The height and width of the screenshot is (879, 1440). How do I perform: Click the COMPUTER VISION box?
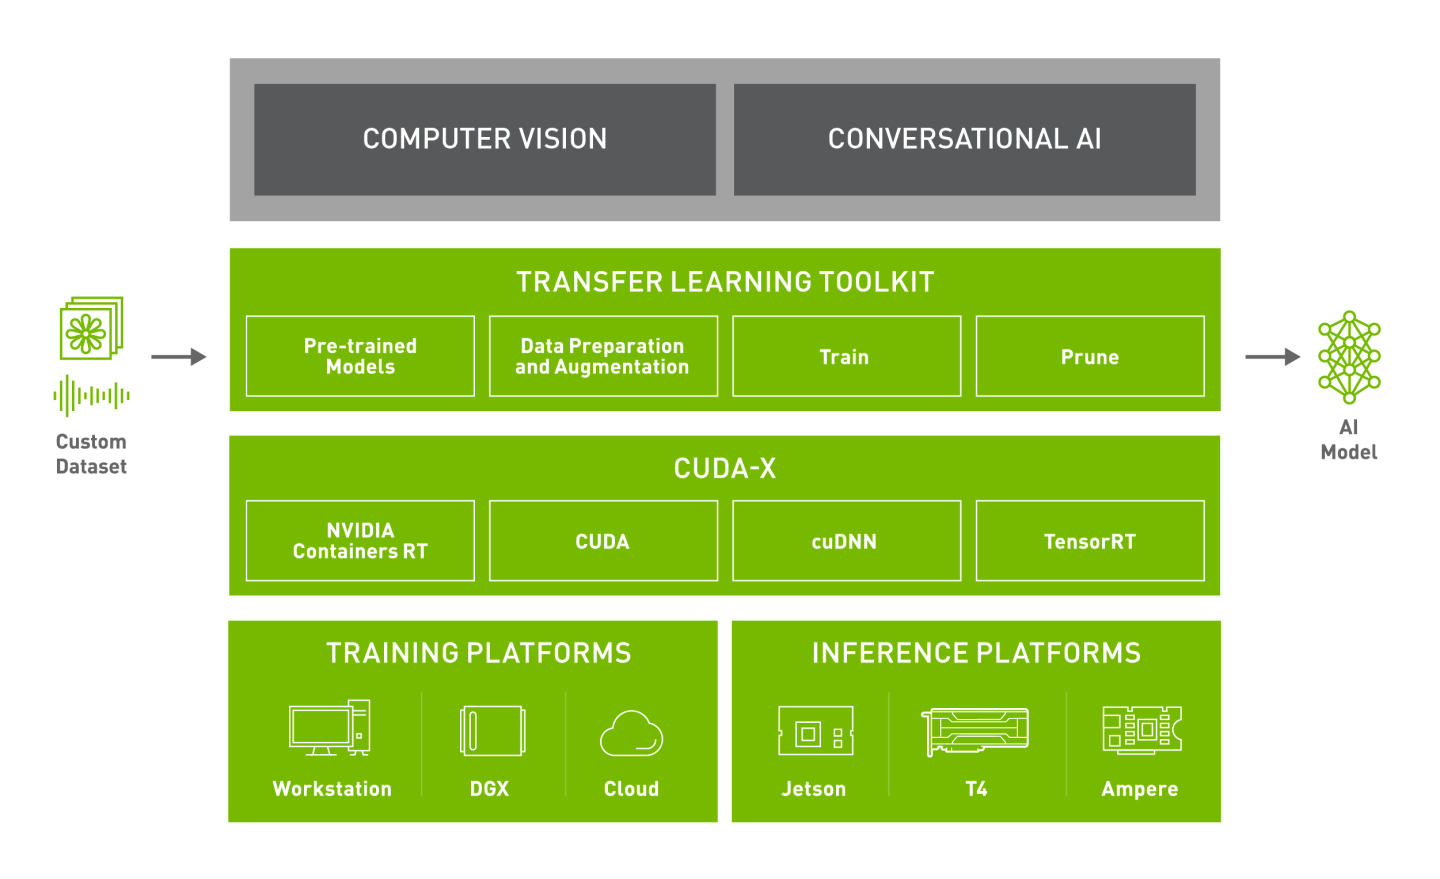tap(485, 139)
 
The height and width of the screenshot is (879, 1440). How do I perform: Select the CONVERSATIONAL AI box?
tap(964, 139)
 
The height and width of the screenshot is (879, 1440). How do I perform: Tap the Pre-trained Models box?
tap(360, 356)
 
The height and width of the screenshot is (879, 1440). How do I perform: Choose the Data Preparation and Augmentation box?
tap(603, 356)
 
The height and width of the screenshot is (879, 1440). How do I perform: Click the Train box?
tap(846, 356)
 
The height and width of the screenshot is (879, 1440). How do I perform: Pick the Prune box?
tap(1090, 356)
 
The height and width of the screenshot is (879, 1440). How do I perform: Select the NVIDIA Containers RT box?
tap(360, 541)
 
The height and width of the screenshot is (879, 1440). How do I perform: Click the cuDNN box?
tap(846, 541)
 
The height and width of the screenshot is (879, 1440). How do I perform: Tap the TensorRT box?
tap(1090, 541)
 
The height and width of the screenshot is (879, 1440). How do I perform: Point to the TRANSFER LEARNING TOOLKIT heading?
tap(725, 282)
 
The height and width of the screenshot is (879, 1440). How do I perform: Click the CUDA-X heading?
tap(725, 468)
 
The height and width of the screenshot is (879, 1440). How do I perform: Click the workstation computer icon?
tap(330, 728)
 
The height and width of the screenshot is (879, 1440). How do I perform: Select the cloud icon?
tap(631, 734)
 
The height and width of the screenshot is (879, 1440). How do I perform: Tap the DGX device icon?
tap(492, 731)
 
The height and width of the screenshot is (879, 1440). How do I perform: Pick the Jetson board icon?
tap(816, 731)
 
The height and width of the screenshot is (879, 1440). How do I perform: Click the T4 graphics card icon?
tap(975, 731)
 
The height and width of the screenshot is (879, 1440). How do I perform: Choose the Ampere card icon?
tap(1141, 729)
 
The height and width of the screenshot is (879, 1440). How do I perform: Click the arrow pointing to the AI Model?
tap(1272, 356)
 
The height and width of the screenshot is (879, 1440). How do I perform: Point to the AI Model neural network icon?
tap(1349, 357)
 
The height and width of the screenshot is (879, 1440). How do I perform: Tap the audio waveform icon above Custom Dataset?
tap(91, 396)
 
